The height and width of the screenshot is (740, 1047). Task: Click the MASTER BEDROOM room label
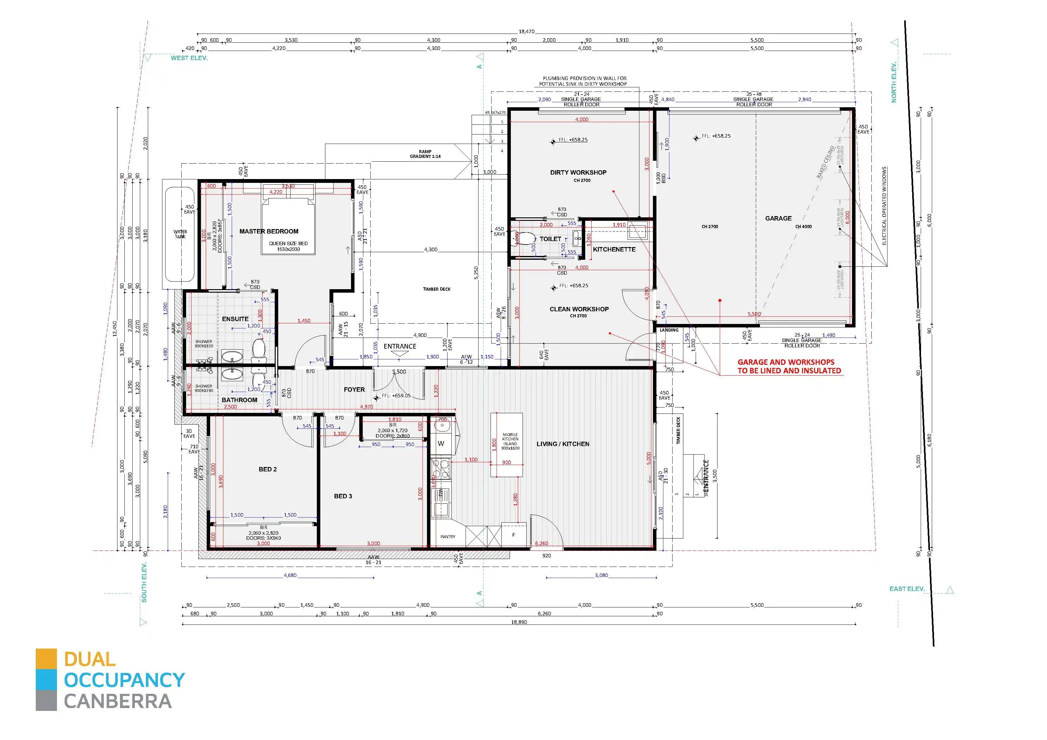(x=269, y=232)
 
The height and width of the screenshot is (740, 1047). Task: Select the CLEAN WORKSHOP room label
(x=579, y=309)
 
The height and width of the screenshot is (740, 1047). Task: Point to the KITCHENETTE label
(x=614, y=249)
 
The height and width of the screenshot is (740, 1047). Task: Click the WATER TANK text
(x=180, y=234)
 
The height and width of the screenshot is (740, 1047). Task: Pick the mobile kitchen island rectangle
(x=507, y=445)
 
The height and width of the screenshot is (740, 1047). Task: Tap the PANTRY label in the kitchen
(x=447, y=537)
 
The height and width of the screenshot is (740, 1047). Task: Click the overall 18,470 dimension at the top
(x=526, y=31)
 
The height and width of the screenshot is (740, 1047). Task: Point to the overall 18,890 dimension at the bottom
(x=519, y=622)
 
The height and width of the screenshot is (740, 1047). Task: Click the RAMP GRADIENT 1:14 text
(x=425, y=154)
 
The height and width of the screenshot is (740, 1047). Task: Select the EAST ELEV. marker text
(x=906, y=589)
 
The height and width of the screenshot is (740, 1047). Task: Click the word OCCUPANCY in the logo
(x=124, y=680)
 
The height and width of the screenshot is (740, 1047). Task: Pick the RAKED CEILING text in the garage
(x=825, y=162)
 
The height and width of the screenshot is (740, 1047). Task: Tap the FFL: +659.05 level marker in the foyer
(x=396, y=396)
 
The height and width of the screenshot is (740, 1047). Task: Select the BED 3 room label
(x=343, y=496)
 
